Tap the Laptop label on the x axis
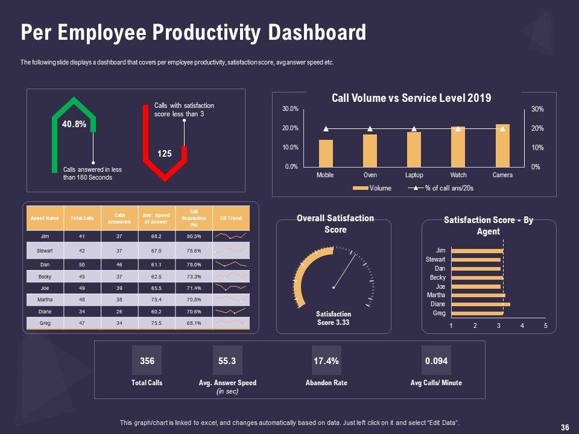tap(414, 175)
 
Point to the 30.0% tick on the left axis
tap(289, 109)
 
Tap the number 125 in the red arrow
tap(165, 154)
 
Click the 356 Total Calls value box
tap(147, 361)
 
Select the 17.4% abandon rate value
tap(326, 361)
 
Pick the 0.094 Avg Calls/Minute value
tap(436, 361)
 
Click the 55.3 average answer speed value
tap(227, 361)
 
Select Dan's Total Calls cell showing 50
tap(81, 265)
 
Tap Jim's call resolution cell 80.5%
tap(194, 236)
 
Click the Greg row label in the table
tap(45, 324)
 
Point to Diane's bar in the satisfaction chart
tap(480, 304)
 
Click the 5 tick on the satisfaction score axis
tap(545, 326)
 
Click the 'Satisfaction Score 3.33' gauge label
tap(334, 318)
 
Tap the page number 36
tap(565, 427)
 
